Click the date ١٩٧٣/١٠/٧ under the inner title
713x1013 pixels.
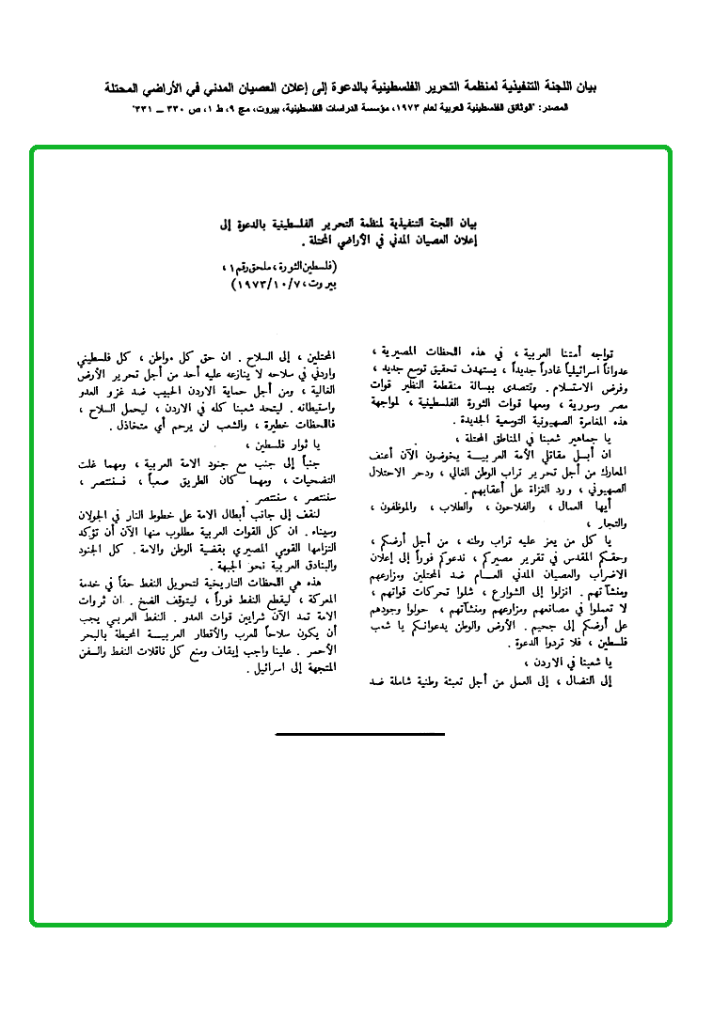click(x=273, y=282)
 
